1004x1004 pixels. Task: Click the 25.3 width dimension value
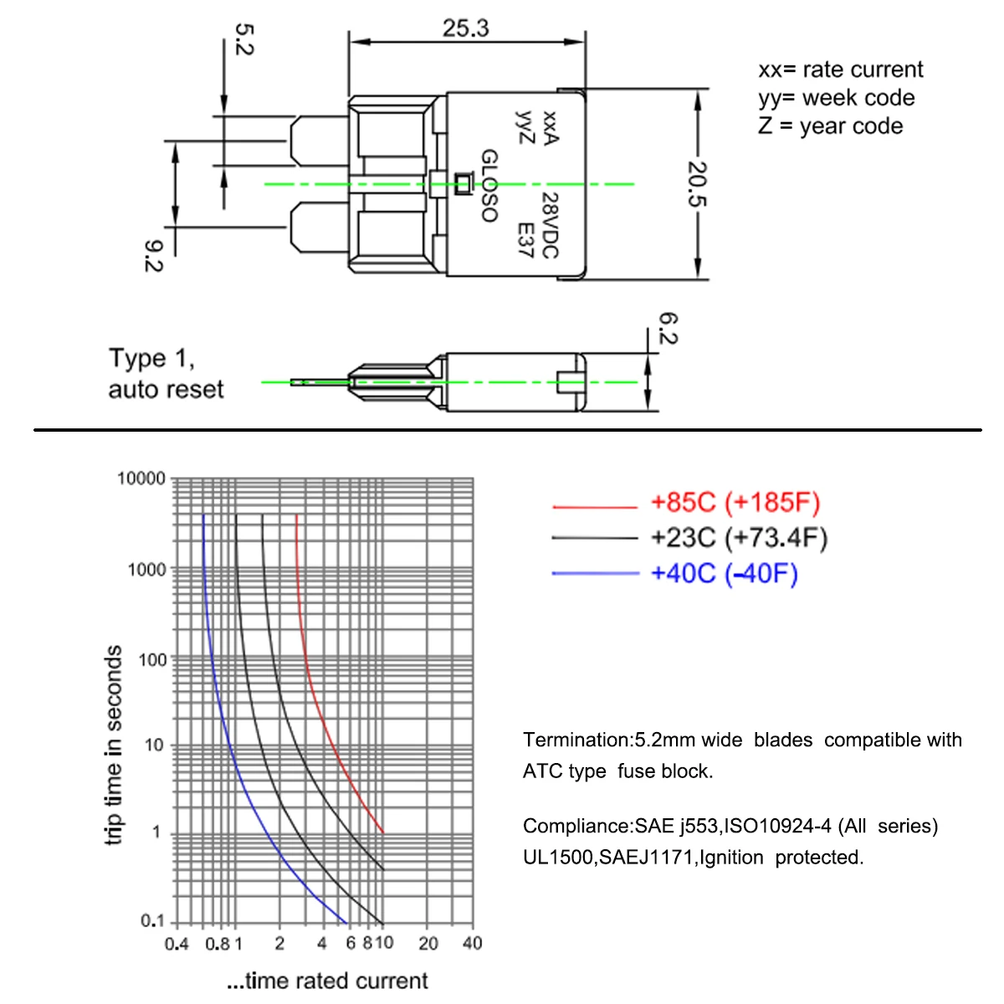[466, 28]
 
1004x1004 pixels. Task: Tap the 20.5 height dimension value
[697, 184]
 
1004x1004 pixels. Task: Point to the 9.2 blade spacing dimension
[154, 256]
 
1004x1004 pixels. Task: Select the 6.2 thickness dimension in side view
[668, 328]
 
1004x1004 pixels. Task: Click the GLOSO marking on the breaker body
[489, 186]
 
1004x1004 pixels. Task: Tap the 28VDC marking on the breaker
[551, 226]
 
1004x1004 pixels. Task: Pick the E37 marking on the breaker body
[525, 240]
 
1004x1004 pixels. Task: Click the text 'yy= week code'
[836, 98]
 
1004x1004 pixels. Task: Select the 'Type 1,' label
[151, 358]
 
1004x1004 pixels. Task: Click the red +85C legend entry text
[735, 502]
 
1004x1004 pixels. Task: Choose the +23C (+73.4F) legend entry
[739, 538]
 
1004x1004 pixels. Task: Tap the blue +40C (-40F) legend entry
[725, 573]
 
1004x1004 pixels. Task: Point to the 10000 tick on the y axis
[141, 479]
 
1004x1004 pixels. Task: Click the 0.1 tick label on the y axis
[152, 920]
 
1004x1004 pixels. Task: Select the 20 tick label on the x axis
[428, 943]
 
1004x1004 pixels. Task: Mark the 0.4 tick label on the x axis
[176, 944]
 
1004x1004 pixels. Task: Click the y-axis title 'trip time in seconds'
[113, 745]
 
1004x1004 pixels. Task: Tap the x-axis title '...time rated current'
[327, 981]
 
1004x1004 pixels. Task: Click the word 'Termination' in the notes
[578, 740]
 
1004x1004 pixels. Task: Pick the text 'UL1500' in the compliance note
[559, 857]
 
